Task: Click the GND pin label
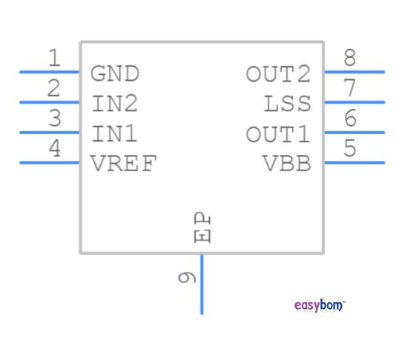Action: click(115, 73)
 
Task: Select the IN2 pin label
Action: click(115, 103)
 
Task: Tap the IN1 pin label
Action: click(115, 134)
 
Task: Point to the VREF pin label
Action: click(124, 164)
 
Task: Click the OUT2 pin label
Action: click(278, 73)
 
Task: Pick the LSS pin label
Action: click(288, 103)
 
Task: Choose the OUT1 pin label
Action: click(278, 134)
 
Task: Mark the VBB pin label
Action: click(288, 164)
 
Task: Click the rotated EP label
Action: click(202, 228)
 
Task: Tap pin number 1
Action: click(53, 58)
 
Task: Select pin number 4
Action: click(53, 149)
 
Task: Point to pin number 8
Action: click(350, 58)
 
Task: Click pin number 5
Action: click(350, 149)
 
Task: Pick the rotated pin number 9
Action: click(187, 278)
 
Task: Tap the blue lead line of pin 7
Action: click(354, 102)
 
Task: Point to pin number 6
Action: click(350, 119)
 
